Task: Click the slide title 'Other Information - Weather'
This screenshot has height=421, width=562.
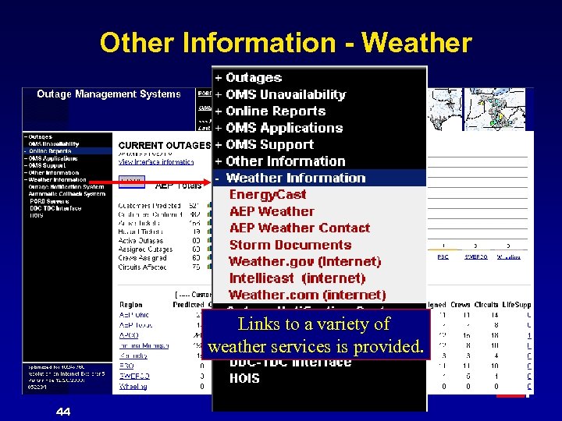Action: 286,42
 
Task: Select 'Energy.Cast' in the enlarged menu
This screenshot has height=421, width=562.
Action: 268,194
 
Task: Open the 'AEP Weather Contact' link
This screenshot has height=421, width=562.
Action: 299,228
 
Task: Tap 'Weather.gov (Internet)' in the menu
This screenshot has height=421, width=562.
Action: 304,261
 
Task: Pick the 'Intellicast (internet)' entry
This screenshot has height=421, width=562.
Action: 297,278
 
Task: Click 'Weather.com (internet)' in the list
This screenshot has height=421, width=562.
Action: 307,295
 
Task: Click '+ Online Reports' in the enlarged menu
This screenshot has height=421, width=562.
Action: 270,111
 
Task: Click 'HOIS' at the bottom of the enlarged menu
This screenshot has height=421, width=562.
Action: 244,378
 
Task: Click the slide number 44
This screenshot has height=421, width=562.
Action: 63,411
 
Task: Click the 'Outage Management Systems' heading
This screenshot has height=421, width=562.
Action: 108,94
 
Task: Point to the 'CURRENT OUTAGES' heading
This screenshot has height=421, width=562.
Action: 164,145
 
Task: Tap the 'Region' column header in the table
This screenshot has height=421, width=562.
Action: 131,305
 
